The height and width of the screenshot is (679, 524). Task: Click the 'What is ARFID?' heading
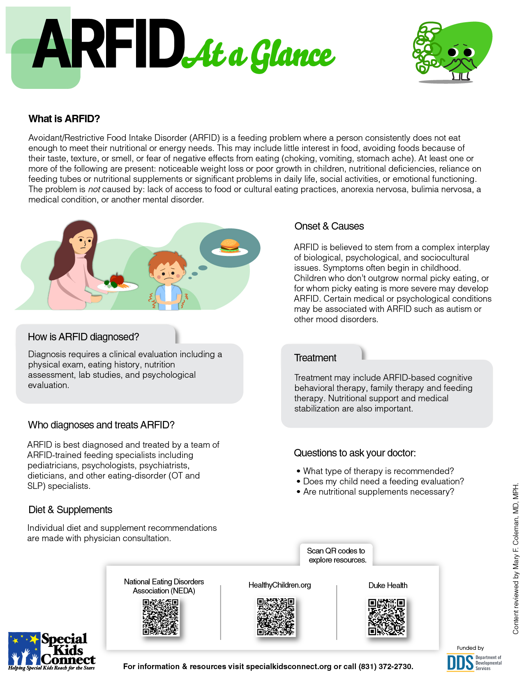click(64, 119)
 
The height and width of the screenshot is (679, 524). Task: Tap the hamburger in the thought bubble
click(230, 246)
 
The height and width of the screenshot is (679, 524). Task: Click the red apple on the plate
click(118, 279)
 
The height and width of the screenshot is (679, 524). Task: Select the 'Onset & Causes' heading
click(329, 226)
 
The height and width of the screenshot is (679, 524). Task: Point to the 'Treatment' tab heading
click(315, 358)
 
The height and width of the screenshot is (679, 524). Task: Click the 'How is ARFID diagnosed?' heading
click(83, 337)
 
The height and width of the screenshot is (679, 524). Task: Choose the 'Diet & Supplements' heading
click(70, 510)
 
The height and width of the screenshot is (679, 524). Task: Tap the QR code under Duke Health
click(387, 617)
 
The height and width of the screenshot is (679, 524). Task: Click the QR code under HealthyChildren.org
click(276, 617)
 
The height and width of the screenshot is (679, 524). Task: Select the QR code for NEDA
click(161, 617)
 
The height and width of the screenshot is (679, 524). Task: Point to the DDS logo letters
click(460, 663)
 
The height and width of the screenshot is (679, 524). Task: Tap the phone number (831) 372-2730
click(385, 667)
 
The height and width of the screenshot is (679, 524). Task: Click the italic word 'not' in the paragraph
click(94, 189)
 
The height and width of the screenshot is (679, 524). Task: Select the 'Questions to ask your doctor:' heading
click(355, 453)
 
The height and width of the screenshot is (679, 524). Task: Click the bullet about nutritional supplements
click(379, 492)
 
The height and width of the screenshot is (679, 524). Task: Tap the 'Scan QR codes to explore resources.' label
click(336, 555)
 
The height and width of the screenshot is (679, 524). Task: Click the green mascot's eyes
click(460, 53)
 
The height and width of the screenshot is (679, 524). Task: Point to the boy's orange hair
click(166, 259)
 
